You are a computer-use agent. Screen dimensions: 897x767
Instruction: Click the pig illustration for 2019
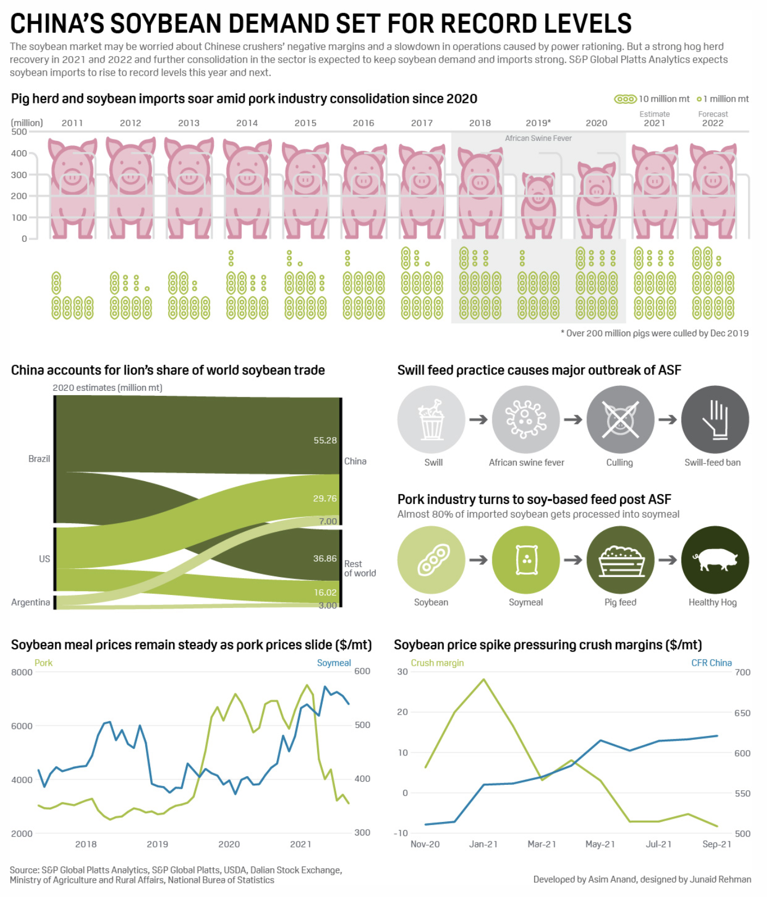539,205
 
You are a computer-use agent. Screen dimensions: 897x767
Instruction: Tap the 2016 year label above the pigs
363,123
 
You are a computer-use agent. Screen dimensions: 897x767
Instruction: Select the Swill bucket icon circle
431,420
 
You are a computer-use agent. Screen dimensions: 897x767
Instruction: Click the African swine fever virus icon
525,420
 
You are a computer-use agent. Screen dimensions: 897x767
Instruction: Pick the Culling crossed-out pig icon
620,420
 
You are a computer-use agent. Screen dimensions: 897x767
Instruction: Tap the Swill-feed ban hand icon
715,420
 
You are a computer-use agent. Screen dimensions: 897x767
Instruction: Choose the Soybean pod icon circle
431,560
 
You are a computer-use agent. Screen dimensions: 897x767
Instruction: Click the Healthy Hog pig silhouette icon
715,560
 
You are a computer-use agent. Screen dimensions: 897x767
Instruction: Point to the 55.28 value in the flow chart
325,440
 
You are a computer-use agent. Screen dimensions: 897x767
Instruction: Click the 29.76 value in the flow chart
325,499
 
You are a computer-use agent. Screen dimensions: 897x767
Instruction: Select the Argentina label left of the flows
30,602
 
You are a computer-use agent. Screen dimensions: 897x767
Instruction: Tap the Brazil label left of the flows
39,459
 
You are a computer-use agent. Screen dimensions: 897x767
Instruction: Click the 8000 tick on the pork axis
22,672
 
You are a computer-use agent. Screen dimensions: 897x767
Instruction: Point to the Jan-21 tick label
483,844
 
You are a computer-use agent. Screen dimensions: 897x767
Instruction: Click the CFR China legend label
711,663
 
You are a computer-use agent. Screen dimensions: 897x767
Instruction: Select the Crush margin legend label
437,663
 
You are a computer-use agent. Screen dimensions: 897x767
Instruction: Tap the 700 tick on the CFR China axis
743,672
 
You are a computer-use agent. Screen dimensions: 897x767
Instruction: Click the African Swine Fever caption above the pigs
538,138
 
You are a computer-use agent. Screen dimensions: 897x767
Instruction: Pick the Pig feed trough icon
620,560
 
